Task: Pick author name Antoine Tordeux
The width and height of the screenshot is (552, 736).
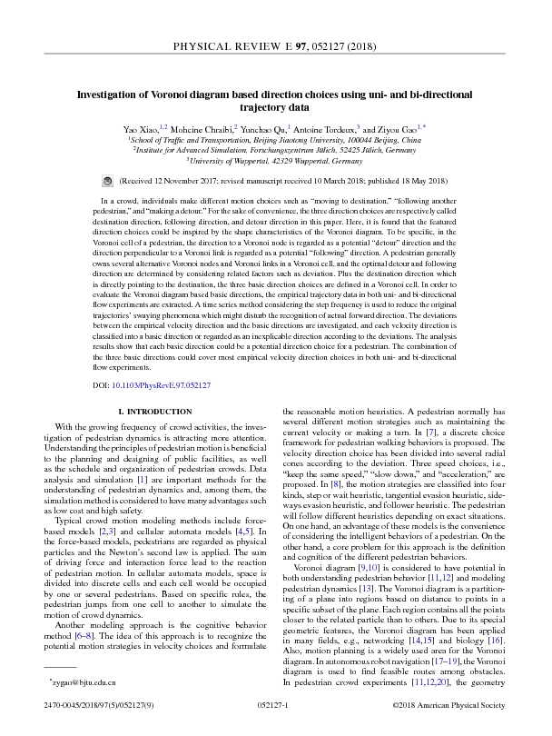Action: [x=330, y=131]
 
